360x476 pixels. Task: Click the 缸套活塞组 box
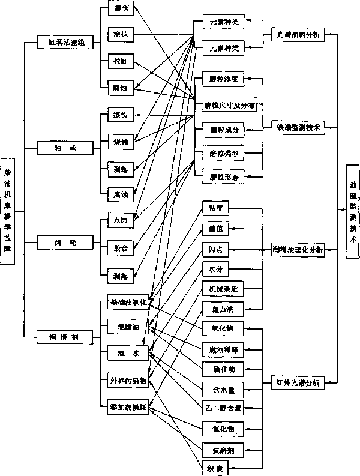click(65, 42)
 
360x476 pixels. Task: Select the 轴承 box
click(65, 146)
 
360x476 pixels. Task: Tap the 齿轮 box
click(65, 242)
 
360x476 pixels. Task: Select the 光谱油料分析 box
click(298, 35)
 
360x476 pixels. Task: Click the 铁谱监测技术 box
click(298, 127)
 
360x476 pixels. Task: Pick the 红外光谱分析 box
click(298, 382)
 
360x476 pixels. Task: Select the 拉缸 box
click(116, 61)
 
